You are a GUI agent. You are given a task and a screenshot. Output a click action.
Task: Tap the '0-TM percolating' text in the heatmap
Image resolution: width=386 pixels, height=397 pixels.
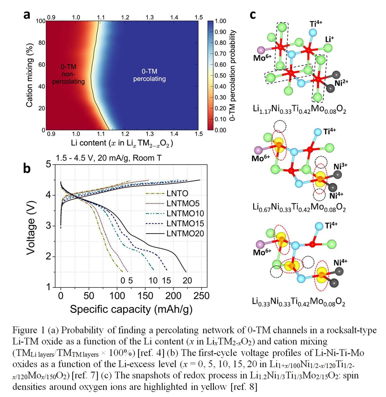[149, 75]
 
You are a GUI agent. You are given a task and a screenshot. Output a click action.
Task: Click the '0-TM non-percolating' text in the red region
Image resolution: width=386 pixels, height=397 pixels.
[68, 74]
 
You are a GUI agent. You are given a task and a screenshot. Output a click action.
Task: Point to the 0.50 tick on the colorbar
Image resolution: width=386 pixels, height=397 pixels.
[220, 76]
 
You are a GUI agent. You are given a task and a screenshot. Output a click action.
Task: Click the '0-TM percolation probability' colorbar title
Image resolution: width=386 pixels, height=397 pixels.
[233, 75]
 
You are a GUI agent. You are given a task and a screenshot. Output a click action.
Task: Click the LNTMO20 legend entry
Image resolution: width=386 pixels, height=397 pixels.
[185, 234]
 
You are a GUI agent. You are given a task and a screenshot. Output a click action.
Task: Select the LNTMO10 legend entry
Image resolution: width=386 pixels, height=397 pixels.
[185, 214]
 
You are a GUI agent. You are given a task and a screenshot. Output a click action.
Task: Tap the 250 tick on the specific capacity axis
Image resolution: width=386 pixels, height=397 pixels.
[201, 296]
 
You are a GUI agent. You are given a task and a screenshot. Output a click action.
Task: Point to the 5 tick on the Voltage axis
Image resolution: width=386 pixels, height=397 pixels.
[48, 164]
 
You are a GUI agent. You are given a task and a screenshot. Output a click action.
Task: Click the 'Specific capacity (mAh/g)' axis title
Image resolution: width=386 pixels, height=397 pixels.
[131, 309]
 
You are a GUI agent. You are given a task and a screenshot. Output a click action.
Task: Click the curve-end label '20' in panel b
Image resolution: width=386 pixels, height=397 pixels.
[187, 280]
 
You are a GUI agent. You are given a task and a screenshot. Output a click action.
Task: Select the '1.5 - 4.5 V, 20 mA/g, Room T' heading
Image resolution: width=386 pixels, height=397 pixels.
[109, 158]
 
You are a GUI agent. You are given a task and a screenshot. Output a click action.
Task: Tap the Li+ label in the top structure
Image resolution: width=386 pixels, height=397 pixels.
[329, 39]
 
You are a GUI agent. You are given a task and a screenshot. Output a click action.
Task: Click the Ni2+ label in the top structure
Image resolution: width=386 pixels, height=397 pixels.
[341, 83]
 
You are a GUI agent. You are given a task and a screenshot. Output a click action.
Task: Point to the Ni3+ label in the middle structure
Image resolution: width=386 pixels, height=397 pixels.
[340, 167]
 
